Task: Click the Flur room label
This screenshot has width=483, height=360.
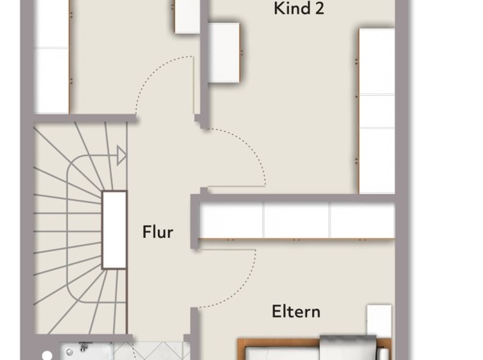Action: click(x=158, y=232)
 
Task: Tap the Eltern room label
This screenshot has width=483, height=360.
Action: click(x=296, y=312)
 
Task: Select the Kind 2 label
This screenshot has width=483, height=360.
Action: click(x=299, y=8)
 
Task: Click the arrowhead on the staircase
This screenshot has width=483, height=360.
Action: click(x=121, y=155)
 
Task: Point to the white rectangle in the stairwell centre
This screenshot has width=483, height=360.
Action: click(x=115, y=230)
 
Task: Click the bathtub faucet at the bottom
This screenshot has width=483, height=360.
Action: click(x=84, y=347)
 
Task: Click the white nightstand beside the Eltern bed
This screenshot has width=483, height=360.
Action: click(x=379, y=320)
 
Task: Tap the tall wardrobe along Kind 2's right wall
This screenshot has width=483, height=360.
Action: click(x=377, y=111)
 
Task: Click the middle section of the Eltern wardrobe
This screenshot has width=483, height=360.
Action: click(x=297, y=221)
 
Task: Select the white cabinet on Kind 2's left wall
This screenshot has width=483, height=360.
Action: click(x=224, y=52)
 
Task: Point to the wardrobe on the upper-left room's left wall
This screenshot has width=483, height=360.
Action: click(x=51, y=56)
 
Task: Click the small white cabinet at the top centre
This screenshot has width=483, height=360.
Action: click(x=187, y=16)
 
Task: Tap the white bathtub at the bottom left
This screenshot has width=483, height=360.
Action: click(x=87, y=352)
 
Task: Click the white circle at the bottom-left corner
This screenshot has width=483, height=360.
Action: click(x=47, y=356)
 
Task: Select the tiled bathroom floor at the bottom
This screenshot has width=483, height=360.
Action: click(x=151, y=351)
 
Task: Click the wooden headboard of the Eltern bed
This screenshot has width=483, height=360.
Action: click(x=278, y=342)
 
